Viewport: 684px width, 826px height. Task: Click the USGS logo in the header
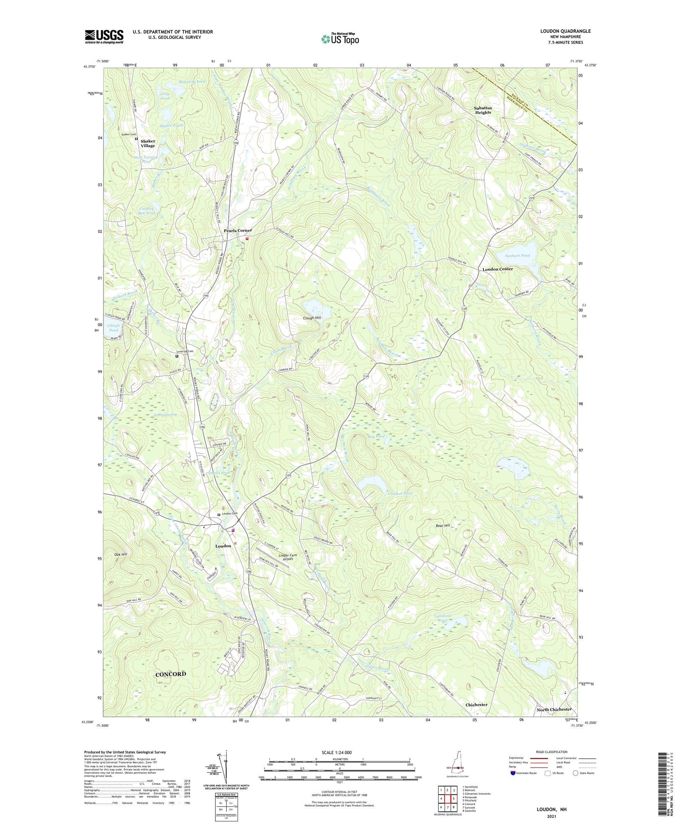(104, 36)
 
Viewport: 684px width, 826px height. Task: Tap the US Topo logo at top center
(340, 39)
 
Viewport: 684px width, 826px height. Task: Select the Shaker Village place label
(148, 144)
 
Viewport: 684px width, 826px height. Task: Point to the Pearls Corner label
(238, 231)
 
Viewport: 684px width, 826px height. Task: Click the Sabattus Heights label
(483, 110)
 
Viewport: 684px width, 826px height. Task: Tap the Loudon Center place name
(497, 269)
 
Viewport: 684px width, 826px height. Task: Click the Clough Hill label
(311, 318)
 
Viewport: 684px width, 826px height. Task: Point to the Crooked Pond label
(400, 493)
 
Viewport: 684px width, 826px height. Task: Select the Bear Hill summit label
(443, 526)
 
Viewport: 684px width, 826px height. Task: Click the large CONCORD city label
(171, 674)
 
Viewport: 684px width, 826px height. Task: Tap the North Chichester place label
(554, 709)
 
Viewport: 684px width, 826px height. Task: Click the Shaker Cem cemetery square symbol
(136, 139)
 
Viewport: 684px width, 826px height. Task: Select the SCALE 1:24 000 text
(340, 752)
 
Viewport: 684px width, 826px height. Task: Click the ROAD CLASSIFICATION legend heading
(551, 752)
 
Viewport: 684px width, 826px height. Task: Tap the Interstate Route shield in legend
(513, 773)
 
